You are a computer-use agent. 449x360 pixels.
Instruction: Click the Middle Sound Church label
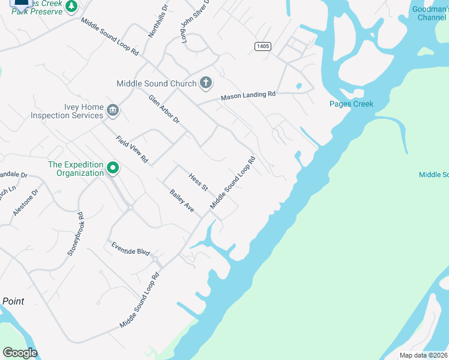click(156, 83)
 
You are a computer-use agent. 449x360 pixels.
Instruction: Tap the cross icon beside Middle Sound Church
click(206, 83)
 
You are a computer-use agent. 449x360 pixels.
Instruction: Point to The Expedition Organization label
click(76, 169)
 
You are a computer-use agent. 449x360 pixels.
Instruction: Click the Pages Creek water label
click(351, 104)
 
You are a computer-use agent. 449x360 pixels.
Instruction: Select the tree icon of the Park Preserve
click(71, 6)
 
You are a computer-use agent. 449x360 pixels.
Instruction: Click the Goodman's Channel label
click(429, 13)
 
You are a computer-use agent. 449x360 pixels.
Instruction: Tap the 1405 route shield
click(262, 46)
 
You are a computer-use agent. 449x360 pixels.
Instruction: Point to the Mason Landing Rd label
click(248, 95)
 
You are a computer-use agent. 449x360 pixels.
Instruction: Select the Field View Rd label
click(132, 150)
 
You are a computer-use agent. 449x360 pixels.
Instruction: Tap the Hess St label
click(198, 182)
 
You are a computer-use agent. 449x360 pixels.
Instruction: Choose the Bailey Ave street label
click(182, 200)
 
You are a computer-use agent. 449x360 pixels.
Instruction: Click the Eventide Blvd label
click(130, 249)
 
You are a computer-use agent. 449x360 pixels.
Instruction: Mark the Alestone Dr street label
click(25, 202)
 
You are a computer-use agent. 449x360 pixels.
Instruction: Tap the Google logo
click(20, 353)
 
